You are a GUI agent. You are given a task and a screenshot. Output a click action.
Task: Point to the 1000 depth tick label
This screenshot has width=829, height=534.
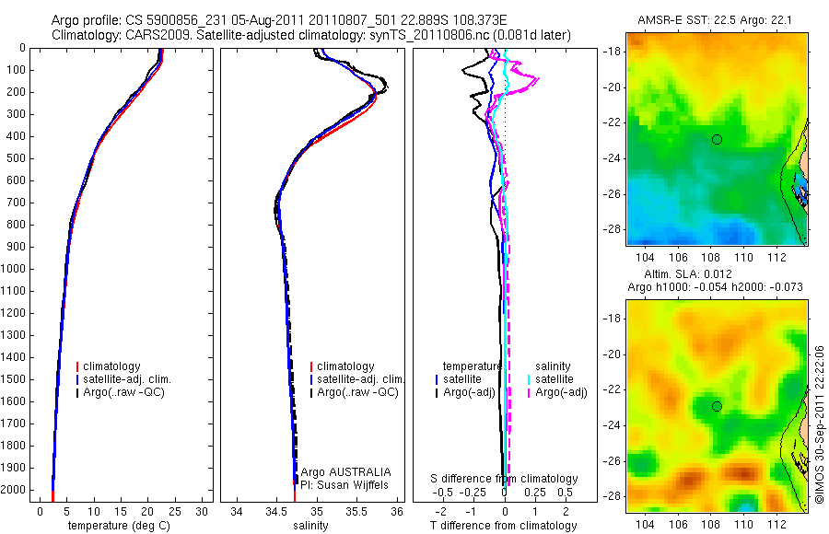pos(16,269)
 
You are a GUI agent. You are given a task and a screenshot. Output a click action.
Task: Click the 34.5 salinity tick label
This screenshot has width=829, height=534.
pos(276,511)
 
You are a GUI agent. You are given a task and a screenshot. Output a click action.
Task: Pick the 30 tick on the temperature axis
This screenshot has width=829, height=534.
pos(203,511)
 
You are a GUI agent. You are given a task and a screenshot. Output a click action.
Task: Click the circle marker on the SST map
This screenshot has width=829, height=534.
pos(717,139)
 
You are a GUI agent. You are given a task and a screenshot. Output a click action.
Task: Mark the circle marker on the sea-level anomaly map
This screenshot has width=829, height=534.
pos(717,406)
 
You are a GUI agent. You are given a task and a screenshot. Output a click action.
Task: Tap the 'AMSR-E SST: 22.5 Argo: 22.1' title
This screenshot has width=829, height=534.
pos(717,20)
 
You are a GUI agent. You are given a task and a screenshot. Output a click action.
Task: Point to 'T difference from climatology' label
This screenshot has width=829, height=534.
pos(505,526)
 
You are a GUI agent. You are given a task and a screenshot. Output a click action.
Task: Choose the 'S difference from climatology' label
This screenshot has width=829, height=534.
pos(505,479)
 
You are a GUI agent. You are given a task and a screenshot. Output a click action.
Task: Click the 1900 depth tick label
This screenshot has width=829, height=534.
pos(16,468)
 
